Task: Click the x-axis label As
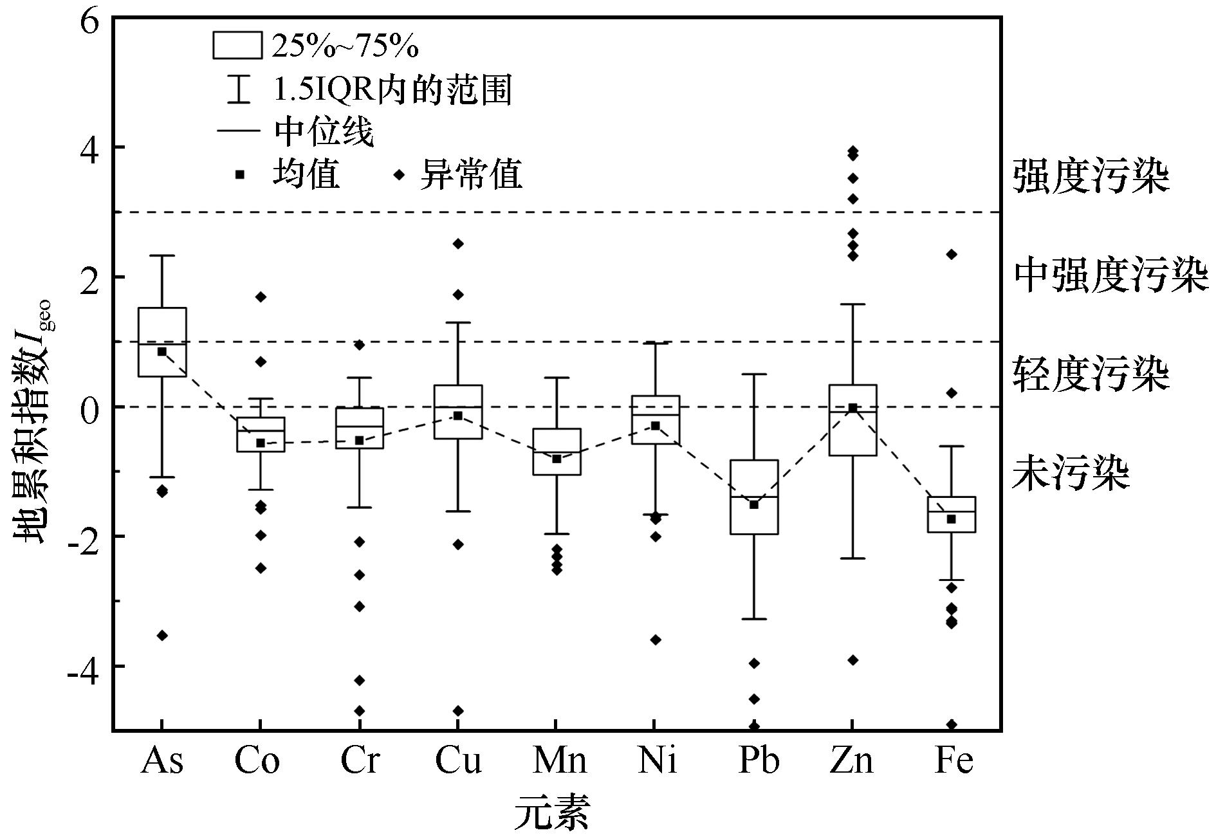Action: pos(162,761)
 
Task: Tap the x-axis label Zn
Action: pos(852,761)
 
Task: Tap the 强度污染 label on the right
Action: pos(1091,177)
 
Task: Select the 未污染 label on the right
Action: pos(1071,474)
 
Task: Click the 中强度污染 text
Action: pos(1110,275)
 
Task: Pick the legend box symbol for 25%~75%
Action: pos(237,46)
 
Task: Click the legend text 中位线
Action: pos(324,133)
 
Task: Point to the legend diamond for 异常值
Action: pos(400,174)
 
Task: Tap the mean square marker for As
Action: pos(162,351)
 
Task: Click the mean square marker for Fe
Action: pos(951,519)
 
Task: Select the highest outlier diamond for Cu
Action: pos(458,244)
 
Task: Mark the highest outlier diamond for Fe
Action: pos(952,255)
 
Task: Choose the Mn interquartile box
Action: pos(557,452)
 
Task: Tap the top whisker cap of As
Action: pos(162,255)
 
